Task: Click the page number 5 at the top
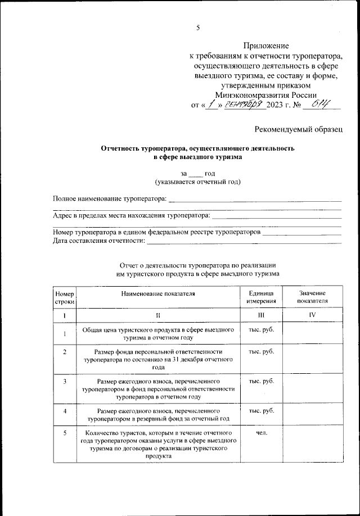pos(197,28)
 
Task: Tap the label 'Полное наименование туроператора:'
pos(110,198)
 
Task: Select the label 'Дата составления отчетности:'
pos(98,241)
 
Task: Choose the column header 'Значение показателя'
pos(312,297)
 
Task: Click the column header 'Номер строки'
pos(64,297)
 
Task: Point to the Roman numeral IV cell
pos(312,315)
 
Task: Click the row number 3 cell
pos(65,382)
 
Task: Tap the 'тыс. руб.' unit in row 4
pos(260,411)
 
